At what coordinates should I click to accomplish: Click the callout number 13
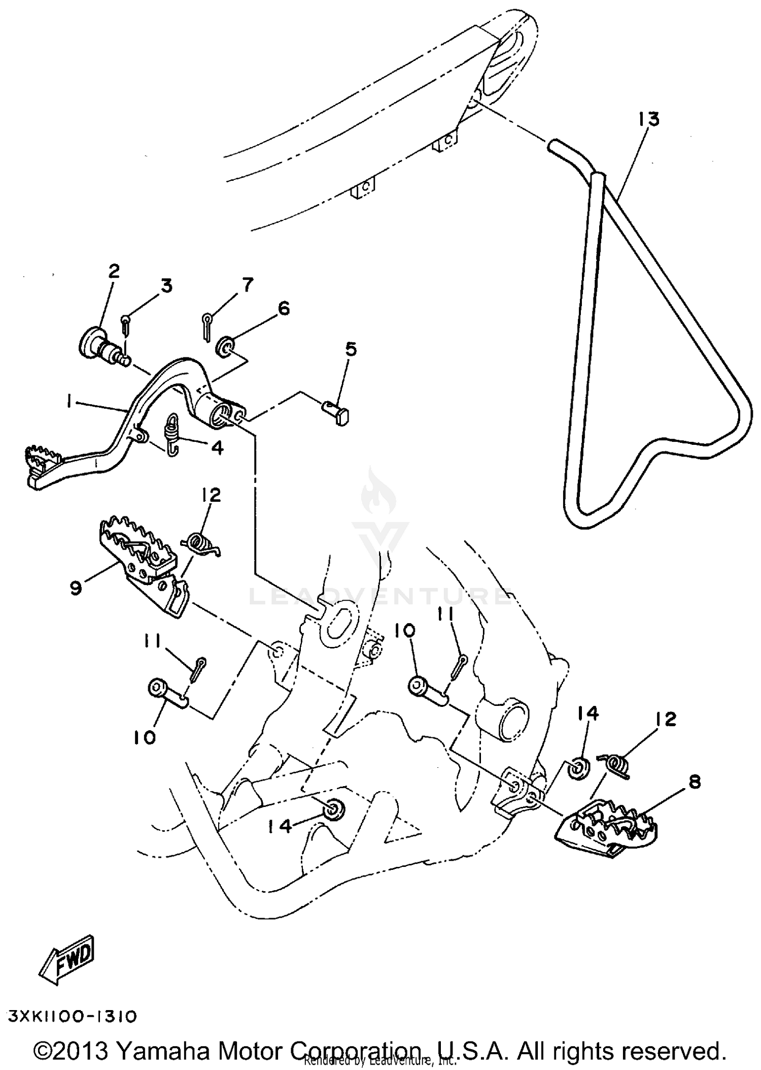tap(649, 119)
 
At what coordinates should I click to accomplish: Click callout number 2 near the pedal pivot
tap(114, 271)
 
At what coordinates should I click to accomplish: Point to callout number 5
tap(351, 349)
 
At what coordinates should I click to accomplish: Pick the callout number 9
tap(76, 589)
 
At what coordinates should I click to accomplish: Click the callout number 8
tap(694, 782)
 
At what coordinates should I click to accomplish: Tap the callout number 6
tap(283, 308)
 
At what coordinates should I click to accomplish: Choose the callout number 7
tap(247, 285)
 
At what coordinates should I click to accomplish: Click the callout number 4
tap(217, 447)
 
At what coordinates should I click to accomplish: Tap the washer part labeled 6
tap(225, 346)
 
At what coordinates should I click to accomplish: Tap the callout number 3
tap(166, 286)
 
